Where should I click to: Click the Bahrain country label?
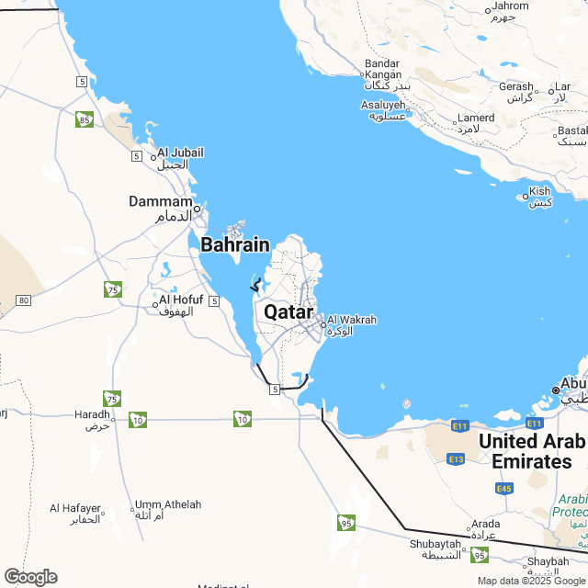(x=235, y=245)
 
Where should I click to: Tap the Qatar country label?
(x=288, y=311)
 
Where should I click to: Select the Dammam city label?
(x=161, y=201)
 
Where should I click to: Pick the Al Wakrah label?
(x=352, y=320)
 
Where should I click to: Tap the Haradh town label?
(x=92, y=414)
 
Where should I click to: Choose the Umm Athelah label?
(x=167, y=504)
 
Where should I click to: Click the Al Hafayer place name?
(x=74, y=508)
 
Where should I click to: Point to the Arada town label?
(x=485, y=525)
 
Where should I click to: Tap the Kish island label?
(x=539, y=192)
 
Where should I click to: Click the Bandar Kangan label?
(x=382, y=69)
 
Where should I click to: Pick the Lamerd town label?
(x=476, y=118)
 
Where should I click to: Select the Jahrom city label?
(x=511, y=6)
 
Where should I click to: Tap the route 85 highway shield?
(x=85, y=119)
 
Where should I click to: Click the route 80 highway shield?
(x=24, y=300)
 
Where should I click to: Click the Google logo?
(x=30, y=576)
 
